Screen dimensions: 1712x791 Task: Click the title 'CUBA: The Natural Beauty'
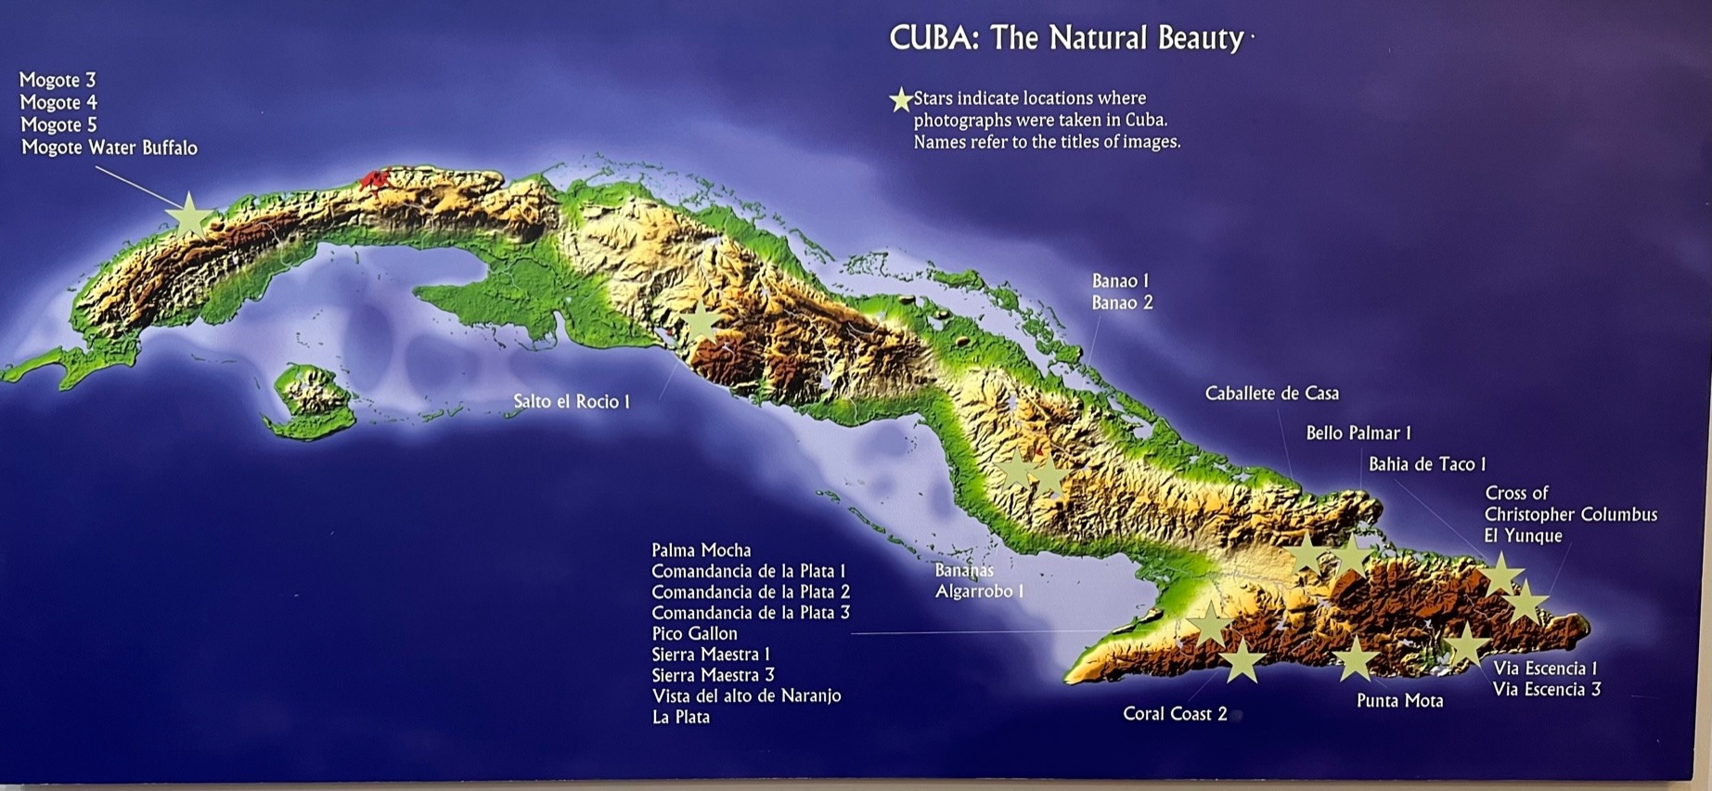(x=1066, y=38)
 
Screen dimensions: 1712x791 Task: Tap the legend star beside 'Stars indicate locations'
(x=900, y=99)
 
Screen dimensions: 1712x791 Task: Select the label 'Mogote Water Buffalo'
(x=109, y=148)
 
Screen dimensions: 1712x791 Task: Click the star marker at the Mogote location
(x=189, y=215)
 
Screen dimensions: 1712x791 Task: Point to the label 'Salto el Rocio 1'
(x=572, y=402)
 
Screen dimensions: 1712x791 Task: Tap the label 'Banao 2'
(x=1122, y=303)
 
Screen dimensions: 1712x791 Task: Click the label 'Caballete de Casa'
(x=1271, y=394)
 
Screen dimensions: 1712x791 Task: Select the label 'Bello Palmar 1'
(x=1358, y=433)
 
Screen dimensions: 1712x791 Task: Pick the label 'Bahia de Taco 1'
(x=1426, y=464)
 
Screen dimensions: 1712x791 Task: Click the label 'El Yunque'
(x=1523, y=536)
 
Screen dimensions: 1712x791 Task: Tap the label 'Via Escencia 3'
(x=1546, y=690)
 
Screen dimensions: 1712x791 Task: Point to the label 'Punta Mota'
(x=1399, y=701)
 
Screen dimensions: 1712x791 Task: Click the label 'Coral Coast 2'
(x=1175, y=714)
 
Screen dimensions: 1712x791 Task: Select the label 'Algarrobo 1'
(x=979, y=591)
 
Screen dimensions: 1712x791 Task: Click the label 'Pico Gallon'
(x=694, y=634)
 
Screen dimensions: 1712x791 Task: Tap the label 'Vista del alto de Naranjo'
(x=746, y=695)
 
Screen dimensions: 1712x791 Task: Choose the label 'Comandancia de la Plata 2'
(x=750, y=592)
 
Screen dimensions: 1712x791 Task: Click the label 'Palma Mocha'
(x=701, y=551)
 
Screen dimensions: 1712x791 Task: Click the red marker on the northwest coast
(x=374, y=178)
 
